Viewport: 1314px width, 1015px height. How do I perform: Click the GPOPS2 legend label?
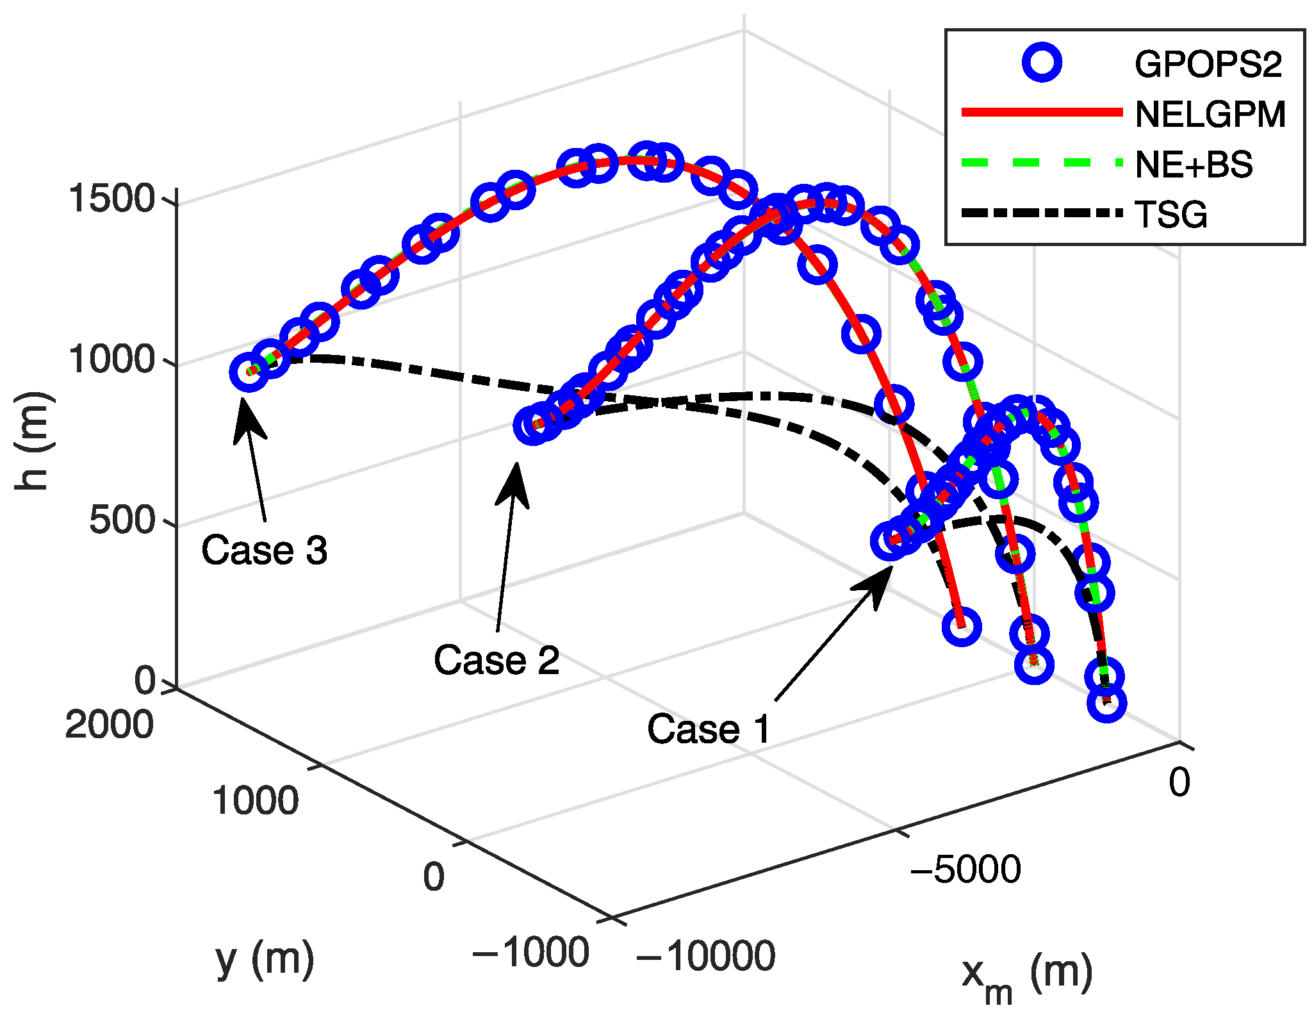1208,64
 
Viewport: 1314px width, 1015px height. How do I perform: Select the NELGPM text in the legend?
1210,115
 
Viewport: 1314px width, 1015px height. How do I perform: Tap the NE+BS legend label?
1194,165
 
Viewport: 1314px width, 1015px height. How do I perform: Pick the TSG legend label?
1170,214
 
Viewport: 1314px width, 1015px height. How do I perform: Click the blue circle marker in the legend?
1042,63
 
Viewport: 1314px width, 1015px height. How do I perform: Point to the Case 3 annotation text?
264,550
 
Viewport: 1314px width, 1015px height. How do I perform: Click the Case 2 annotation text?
497,660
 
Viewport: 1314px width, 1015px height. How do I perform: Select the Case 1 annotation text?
709,729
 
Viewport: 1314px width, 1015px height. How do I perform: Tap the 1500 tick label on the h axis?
111,198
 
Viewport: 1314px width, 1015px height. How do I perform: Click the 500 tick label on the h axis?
122,520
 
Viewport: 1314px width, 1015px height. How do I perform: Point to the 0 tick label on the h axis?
145,681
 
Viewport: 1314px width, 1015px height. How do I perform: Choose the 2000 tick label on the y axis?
110,725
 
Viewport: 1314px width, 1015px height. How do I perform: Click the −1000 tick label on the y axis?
530,952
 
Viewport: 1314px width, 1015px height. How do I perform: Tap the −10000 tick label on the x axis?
705,956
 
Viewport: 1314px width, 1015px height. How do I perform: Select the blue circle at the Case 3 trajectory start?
249,372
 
